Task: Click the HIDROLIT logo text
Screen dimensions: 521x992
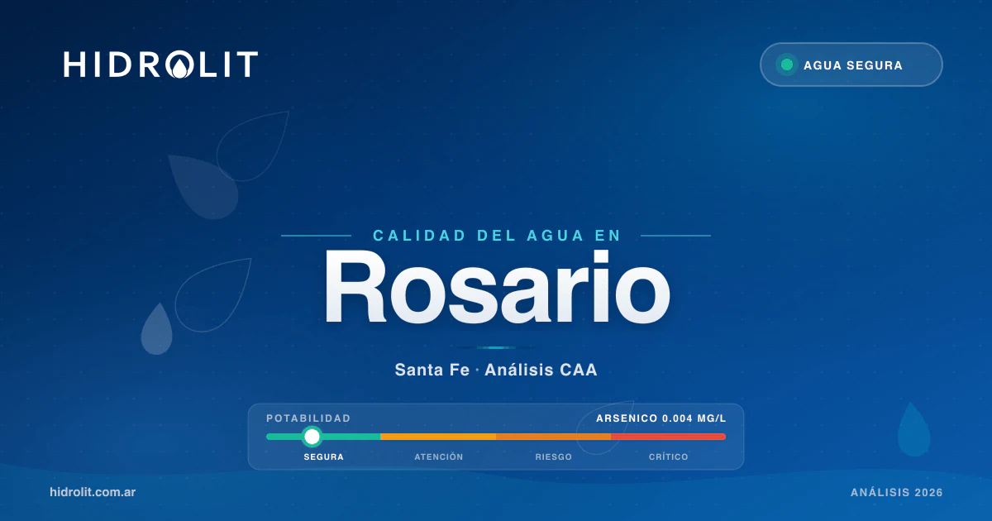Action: [x=160, y=65]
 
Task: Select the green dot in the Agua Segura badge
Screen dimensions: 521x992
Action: [x=787, y=65]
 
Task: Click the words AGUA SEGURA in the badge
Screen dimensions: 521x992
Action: [x=852, y=65]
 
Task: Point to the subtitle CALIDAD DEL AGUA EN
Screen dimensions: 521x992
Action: [x=496, y=236]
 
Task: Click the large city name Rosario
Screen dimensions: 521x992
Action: [x=496, y=287]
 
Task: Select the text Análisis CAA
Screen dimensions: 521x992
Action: [x=541, y=370]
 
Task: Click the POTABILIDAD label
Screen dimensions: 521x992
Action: [x=308, y=418]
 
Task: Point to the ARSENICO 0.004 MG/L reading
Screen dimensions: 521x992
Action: [x=661, y=418]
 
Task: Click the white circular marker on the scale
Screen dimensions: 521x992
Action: [x=312, y=437]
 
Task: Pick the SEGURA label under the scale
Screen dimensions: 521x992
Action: [x=323, y=457]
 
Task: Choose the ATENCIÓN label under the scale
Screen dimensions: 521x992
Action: [x=438, y=457]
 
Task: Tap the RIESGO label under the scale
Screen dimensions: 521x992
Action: [x=553, y=457]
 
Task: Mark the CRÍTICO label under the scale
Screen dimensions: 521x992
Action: [x=668, y=457]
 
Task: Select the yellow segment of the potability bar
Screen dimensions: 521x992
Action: [x=438, y=437]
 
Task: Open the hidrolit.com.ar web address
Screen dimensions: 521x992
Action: [x=93, y=492]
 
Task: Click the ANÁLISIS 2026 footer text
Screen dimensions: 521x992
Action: [x=896, y=493]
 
